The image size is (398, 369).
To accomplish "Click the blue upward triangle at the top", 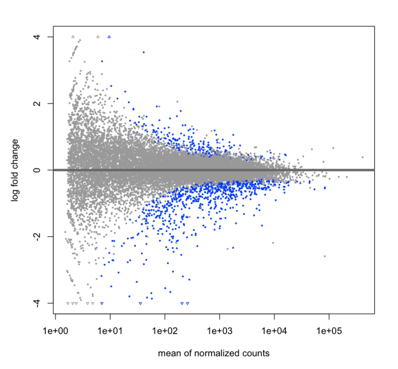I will pos(109,37).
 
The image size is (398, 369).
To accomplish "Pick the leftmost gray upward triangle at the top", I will pos(73,37).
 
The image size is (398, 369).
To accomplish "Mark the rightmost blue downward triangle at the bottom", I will pos(188,303).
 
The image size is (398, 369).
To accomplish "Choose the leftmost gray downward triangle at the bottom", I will pos(68,303).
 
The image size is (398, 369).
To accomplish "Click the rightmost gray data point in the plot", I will pos(363,157).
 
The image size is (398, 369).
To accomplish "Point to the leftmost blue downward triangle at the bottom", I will pos(102,303).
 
